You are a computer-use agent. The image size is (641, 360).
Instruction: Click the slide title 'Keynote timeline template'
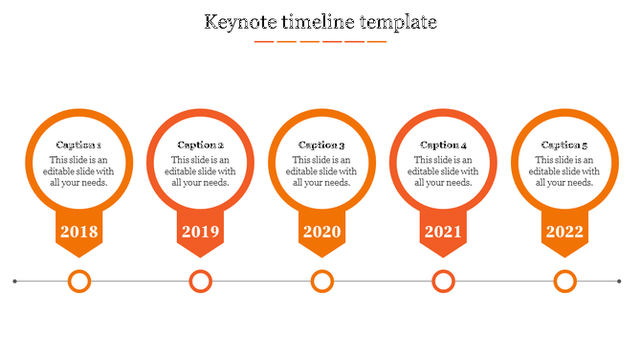click(x=320, y=21)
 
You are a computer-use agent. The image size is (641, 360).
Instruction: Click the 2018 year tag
click(x=78, y=232)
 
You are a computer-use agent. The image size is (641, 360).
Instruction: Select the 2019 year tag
click(x=200, y=232)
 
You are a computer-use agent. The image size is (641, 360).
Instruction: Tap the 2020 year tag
click(x=321, y=232)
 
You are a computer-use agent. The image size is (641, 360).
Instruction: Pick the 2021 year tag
click(x=443, y=232)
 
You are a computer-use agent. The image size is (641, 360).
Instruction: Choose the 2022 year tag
click(x=564, y=232)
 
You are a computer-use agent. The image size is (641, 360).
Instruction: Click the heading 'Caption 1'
click(x=78, y=146)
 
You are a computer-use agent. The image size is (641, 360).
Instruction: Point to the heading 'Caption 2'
click(x=200, y=146)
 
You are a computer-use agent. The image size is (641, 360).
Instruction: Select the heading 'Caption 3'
click(x=321, y=146)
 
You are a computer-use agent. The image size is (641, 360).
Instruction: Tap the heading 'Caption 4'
click(x=443, y=146)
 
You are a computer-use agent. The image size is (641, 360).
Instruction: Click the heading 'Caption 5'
click(x=564, y=146)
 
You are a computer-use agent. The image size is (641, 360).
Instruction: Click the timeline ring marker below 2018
click(x=79, y=281)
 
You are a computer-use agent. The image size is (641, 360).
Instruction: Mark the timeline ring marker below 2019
click(x=200, y=281)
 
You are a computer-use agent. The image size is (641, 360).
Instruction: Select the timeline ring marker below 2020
click(x=322, y=281)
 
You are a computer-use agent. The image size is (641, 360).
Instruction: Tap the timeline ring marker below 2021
click(x=443, y=281)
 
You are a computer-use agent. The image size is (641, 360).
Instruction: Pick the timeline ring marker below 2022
click(x=565, y=281)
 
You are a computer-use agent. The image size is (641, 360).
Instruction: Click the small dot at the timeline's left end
click(x=15, y=281)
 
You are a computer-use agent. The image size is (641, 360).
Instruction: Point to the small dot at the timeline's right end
click(x=618, y=281)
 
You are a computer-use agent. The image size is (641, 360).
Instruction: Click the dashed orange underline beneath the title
click(x=320, y=42)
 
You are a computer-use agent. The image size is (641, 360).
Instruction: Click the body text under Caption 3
click(x=321, y=171)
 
